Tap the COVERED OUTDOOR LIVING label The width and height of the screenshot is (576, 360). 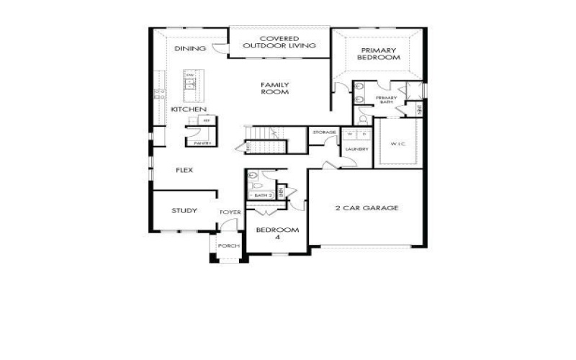click(279, 42)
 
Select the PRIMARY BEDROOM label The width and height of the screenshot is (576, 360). click(380, 53)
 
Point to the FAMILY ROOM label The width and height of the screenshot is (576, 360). click(275, 89)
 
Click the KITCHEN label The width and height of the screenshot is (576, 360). click(189, 109)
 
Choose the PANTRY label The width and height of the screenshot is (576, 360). click(202, 143)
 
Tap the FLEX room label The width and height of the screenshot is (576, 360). click(185, 170)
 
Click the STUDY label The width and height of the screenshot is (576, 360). click(184, 211)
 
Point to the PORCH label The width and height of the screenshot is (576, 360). click(229, 246)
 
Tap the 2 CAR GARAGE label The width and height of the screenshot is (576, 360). click(366, 208)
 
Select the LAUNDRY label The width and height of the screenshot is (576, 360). click(356, 149)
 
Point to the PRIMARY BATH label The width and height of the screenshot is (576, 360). click(386, 100)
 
